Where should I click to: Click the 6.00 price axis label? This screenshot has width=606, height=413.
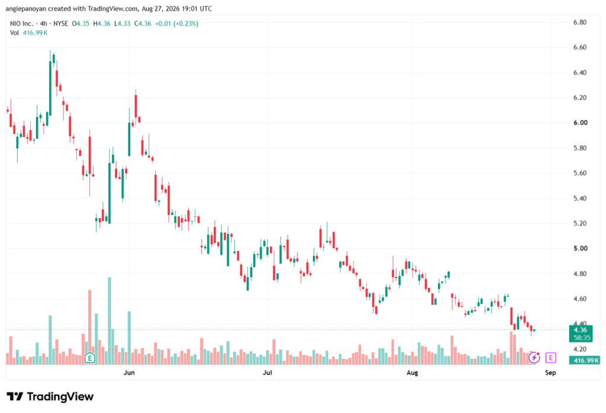[580, 123]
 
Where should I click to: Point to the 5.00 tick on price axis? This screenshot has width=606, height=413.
[580, 249]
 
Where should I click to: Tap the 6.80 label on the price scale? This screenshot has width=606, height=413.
[580, 22]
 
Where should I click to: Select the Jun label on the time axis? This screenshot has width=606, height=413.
[129, 372]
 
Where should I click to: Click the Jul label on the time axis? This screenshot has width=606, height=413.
[267, 372]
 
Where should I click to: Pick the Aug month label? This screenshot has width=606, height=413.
[412, 372]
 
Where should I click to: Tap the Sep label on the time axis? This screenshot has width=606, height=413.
[550, 372]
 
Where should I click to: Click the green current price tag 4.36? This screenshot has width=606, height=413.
[581, 333]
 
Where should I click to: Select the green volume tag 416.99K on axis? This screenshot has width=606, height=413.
[584, 360]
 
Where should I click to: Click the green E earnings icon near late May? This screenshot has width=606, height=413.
[90, 358]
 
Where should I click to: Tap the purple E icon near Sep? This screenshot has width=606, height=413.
[550, 358]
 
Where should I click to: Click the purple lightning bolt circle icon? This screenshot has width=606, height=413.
[534, 358]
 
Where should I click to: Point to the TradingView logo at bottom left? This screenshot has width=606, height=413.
[50, 396]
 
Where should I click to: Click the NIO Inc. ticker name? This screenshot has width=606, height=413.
[22, 24]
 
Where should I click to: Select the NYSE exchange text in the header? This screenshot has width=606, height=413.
[61, 24]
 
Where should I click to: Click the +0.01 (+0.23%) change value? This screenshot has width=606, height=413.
[176, 24]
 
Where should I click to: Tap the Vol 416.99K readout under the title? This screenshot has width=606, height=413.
[28, 33]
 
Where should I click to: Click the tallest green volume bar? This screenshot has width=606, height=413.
[109, 321]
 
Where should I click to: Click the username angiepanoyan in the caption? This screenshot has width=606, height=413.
[26, 8]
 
